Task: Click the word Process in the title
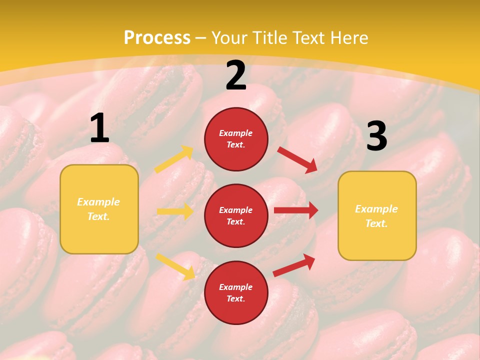pyautogui.click(x=157, y=38)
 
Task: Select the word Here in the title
pyautogui.click(x=348, y=38)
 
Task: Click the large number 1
pyautogui.click(x=99, y=128)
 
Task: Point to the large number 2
pyautogui.click(x=236, y=75)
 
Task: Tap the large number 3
pyautogui.click(x=376, y=136)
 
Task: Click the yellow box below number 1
pyautogui.click(x=99, y=209)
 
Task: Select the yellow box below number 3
pyautogui.click(x=377, y=215)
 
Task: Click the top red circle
pyautogui.click(x=236, y=139)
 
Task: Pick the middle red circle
pyautogui.click(x=236, y=215)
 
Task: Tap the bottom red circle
pyautogui.click(x=236, y=292)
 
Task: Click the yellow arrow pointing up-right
pyautogui.click(x=174, y=159)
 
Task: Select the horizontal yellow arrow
pyautogui.click(x=175, y=211)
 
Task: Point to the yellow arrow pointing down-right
pyautogui.click(x=175, y=266)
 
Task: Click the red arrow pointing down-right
pyautogui.click(x=297, y=160)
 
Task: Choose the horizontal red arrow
pyautogui.click(x=296, y=210)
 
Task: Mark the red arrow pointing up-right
pyautogui.click(x=294, y=265)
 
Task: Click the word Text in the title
pyautogui.click(x=310, y=38)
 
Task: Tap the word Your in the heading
pyautogui.click(x=229, y=38)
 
